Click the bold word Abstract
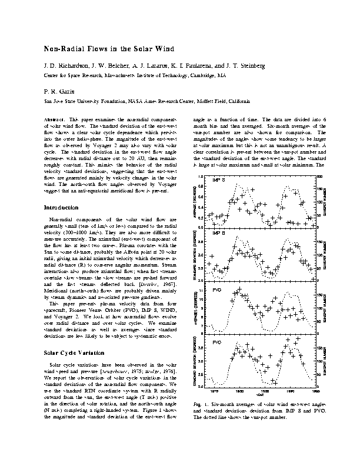[55, 119]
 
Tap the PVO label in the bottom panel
[216, 342]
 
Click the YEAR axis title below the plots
[266, 395]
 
